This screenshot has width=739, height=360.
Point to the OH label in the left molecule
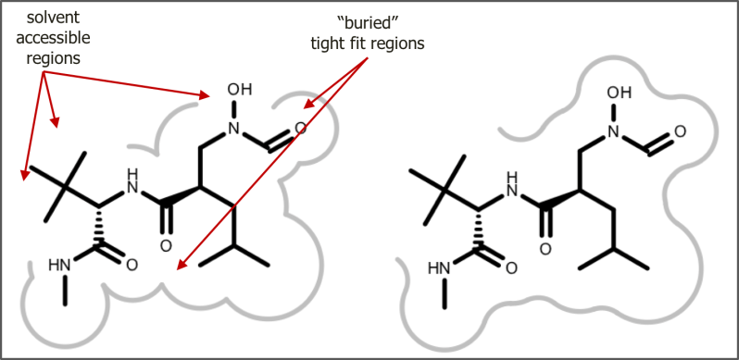[239, 90]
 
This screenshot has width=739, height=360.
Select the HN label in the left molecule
[59, 267]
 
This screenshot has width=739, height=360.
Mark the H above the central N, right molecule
[512, 173]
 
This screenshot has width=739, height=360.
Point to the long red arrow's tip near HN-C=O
[180, 267]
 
